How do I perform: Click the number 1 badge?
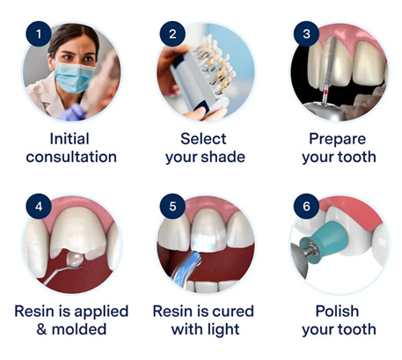pyautogui.click(x=39, y=33)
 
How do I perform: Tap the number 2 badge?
pyautogui.click(x=172, y=33)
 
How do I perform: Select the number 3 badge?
pyautogui.click(x=306, y=33)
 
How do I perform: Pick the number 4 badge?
pyautogui.click(x=39, y=206)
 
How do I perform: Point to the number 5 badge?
pyautogui.click(x=172, y=206)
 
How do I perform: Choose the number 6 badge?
pyautogui.click(x=306, y=206)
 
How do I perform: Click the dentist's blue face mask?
pyautogui.click(x=74, y=77)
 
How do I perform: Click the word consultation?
pyautogui.click(x=71, y=157)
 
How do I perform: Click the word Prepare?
pyautogui.click(x=337, y=139)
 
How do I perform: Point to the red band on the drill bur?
pyautogui.click(x=325, y=93)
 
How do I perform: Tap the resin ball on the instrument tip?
pyautogui.click(x=75, y=260)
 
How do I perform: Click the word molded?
pyautogui.click(x=79, y=329)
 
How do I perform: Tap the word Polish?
pyautogui.click(x=337, y=312)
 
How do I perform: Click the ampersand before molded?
pyautogui.click(x=41, y=329)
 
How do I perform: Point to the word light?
pyautogui.click(x=223, y=330)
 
